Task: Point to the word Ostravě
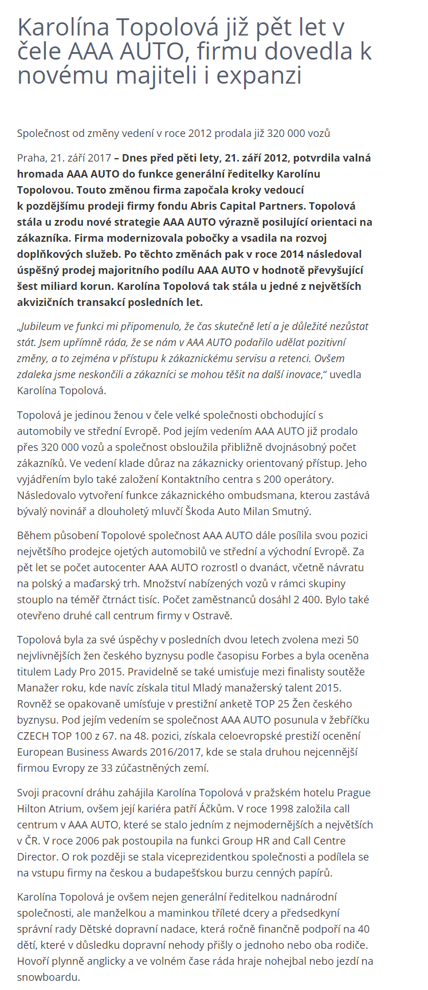coord(213,616)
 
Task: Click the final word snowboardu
coord(48,977)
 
